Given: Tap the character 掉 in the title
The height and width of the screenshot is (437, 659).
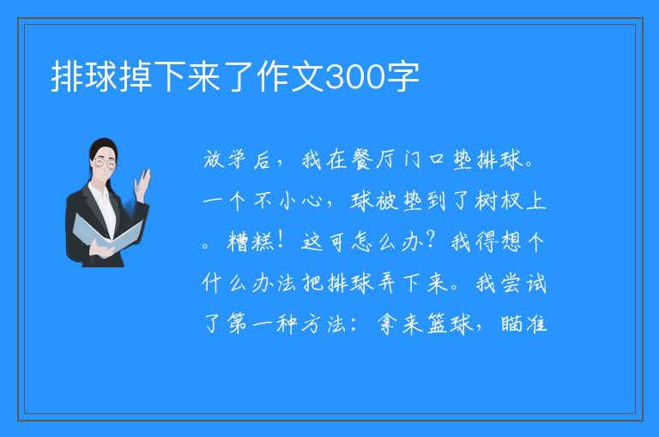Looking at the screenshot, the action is pos(136,76).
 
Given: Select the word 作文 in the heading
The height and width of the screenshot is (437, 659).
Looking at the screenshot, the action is pos(290,76).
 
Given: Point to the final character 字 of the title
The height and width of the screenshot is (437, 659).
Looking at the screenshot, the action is pos(402,76).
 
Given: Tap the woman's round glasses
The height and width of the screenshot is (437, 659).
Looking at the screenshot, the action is pos(105,163).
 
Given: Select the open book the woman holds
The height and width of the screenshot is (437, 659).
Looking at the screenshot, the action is pos(107,233).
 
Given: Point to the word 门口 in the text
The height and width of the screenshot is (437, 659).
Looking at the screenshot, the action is pos(424,160).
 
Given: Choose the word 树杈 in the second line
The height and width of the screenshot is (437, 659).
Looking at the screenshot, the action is pos(499,201).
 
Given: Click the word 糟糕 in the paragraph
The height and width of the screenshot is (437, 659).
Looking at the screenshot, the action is pos(251,242).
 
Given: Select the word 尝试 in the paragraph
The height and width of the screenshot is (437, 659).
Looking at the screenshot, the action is pos(523,283).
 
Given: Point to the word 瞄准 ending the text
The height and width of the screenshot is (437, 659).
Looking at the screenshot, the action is pos(523,324).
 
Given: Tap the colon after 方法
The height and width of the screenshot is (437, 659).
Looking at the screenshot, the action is pos(354,325).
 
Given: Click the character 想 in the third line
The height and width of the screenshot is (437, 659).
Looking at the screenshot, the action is pos(511,242).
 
